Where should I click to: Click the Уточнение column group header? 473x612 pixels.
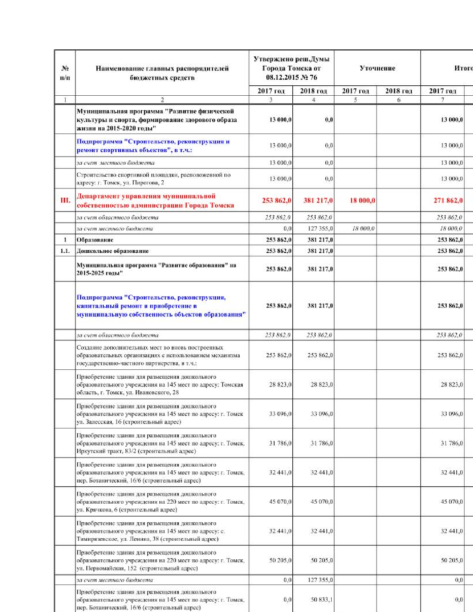click(377, 68)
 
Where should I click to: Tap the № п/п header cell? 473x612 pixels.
click(65, 73)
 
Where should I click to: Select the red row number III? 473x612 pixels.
click(65, 201)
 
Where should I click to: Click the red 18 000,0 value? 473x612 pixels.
click(362, 201)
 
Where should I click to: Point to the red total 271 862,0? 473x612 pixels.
click(448, 201)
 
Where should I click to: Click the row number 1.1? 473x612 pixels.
click(65, 251)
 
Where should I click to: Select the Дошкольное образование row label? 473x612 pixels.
click(112, 251)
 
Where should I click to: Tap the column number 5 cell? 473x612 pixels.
click(355, 100)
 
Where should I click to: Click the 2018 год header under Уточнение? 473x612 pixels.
click(398, 91)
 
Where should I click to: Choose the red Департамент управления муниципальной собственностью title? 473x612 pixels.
click(155, 201)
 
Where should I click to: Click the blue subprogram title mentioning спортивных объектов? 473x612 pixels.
click(153, 146)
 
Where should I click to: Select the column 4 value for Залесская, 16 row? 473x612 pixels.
click(322, 414)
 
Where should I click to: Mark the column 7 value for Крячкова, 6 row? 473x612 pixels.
click(451, 502)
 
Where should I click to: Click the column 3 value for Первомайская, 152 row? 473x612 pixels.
click(280, 560)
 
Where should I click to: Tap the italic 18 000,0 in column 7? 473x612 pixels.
click(451, 228)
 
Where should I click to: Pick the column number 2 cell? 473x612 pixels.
click(162, 100)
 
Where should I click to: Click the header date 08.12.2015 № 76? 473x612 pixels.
click(291, 78)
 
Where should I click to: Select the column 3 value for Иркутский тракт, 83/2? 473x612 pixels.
click(280, 443)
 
